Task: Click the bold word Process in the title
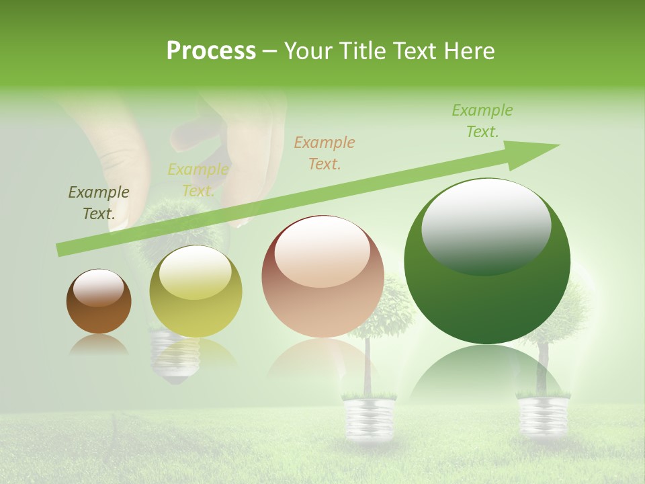click(211, 51)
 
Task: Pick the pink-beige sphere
click(322, 277)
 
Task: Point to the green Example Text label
click(482, 121)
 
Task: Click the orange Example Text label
click(325, 153)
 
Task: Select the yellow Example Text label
click(198, 180)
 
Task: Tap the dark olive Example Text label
click(98, 202)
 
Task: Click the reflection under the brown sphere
click(99, 344)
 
